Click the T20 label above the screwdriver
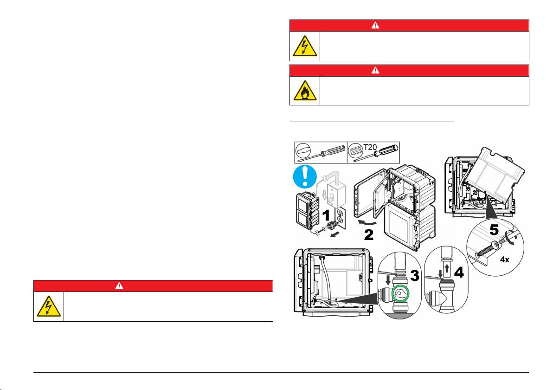click(x=370, y=147)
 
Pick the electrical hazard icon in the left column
click(x=49, y=306)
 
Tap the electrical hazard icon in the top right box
click(x=305, y=46)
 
